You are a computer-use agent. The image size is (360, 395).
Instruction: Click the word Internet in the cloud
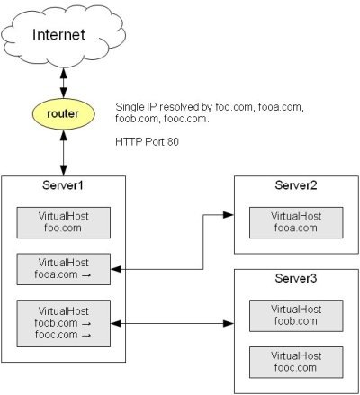[x=58, y=34]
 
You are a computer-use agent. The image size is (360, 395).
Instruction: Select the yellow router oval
[x=63, y=114]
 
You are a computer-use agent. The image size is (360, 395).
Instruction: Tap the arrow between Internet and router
[x=64, y=83]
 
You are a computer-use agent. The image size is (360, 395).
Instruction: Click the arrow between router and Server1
[x=64, y=153]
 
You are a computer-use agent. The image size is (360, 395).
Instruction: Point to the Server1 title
[x=62, y=185]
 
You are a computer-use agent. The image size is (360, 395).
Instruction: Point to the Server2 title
[x=296, y=185]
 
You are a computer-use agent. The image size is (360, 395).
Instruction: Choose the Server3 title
[x=296, y=278]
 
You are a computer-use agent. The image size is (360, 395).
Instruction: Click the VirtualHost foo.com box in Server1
[x=64, y=222]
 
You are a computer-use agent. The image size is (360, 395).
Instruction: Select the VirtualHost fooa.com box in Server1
[x=64, y=269]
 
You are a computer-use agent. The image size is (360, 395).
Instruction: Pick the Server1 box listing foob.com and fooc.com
[x=64, y=323]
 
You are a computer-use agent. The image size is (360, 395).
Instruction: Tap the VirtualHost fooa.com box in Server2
[x=296, y=222]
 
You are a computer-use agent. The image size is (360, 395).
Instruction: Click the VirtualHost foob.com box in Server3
[x=296, y=316]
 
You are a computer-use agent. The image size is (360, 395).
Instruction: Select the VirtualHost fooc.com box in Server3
[x=296, y=363]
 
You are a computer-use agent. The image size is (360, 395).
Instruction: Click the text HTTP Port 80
[x=147, y=141]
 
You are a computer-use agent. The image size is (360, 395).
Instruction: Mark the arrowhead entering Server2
[x=229, y=215]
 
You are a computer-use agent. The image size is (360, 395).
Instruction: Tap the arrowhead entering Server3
[x=229, y=323]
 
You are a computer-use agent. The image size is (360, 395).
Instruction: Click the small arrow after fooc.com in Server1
[x=86, y=336]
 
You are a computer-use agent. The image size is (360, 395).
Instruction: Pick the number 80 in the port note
[x=173, y=141]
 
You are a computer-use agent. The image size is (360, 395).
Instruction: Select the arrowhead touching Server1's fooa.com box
[x=116, y=269]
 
